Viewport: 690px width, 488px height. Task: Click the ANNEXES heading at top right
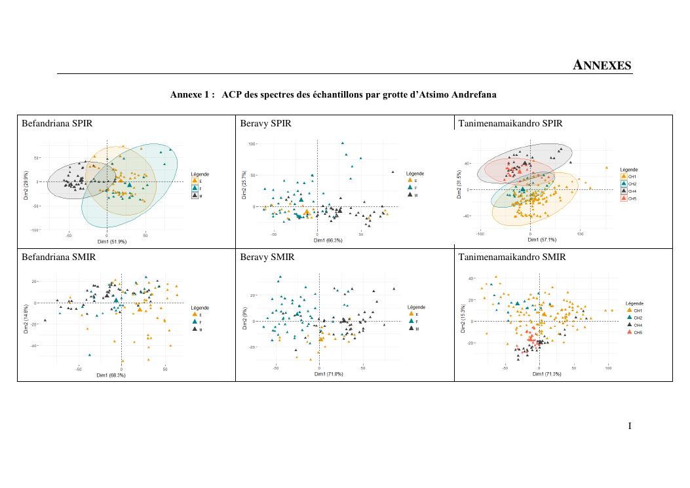coord(602,65)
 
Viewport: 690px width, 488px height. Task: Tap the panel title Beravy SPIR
coord(265,123)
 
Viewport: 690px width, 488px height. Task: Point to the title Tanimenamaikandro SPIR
coord(510,123)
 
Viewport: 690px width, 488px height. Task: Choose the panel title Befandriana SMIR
coord(58,257)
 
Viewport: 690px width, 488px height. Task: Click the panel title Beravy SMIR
coord(267,257)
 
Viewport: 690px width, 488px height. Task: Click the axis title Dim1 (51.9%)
coord(106,242)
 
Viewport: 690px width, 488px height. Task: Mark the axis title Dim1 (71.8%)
coord(319,375)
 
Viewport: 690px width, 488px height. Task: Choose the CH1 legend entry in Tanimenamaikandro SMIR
coord(634,310)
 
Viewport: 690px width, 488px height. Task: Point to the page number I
coord(630,426)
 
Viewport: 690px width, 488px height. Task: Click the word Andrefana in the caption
coord(476,94)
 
